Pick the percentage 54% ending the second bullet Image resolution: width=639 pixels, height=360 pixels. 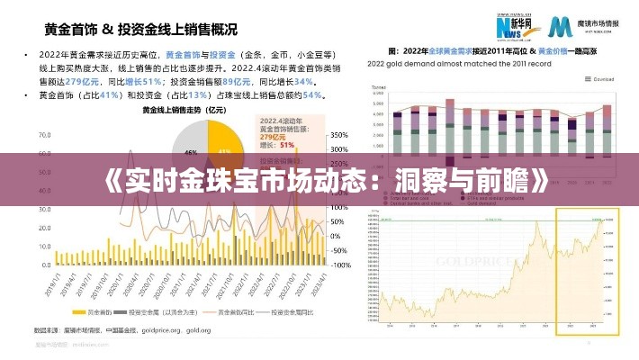[312, 94]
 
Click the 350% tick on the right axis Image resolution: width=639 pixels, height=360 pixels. [340, 135]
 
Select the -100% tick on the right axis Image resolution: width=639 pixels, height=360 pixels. [340, 265]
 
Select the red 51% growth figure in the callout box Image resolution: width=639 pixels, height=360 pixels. [288, 144]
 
